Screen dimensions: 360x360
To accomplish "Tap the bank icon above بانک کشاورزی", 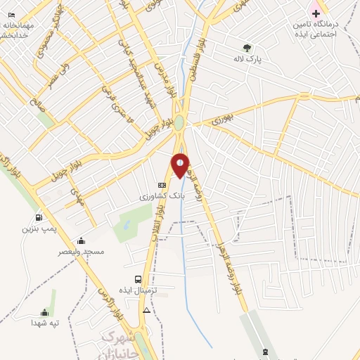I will [x=162, y=186].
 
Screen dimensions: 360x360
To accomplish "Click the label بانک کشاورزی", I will [x=152, y=198].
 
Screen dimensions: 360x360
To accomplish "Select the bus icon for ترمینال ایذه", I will [x=138, y=279].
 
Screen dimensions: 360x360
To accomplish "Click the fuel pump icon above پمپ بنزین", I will [x=37, y=217].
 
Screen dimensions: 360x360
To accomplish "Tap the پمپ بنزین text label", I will [x=37, y=229].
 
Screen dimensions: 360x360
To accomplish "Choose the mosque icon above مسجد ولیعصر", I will [x=81, y=241].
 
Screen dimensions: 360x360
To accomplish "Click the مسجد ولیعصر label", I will [x=83, y=252].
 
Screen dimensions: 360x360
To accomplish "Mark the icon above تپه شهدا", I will [x=45, y=312].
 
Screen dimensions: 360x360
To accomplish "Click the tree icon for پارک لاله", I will [x=245, y=49].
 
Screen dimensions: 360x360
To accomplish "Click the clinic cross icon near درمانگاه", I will [x=316, y=13].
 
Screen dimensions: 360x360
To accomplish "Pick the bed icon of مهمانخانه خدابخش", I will [x=11, y=14].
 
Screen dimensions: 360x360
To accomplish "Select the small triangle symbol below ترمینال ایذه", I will [x=146, y=309].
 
